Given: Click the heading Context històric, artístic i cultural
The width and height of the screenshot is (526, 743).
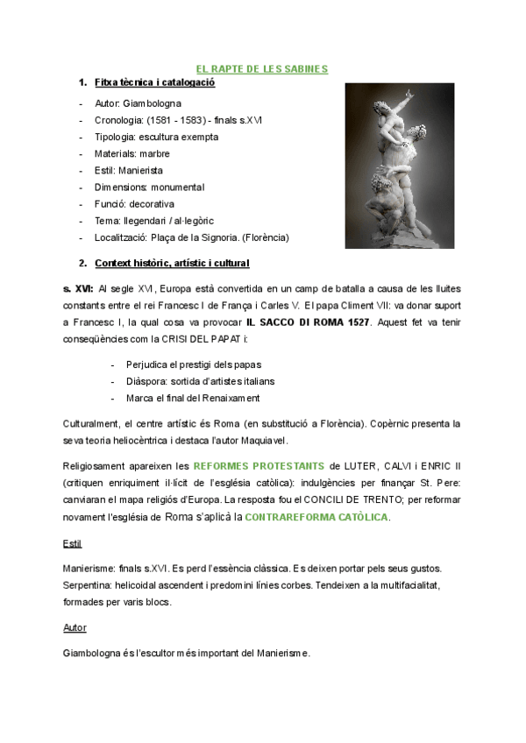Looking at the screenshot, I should (172, 263).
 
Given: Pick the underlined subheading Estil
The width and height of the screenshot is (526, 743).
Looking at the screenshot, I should (72, 544).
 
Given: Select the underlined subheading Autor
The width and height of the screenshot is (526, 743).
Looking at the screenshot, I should (75, 628).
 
